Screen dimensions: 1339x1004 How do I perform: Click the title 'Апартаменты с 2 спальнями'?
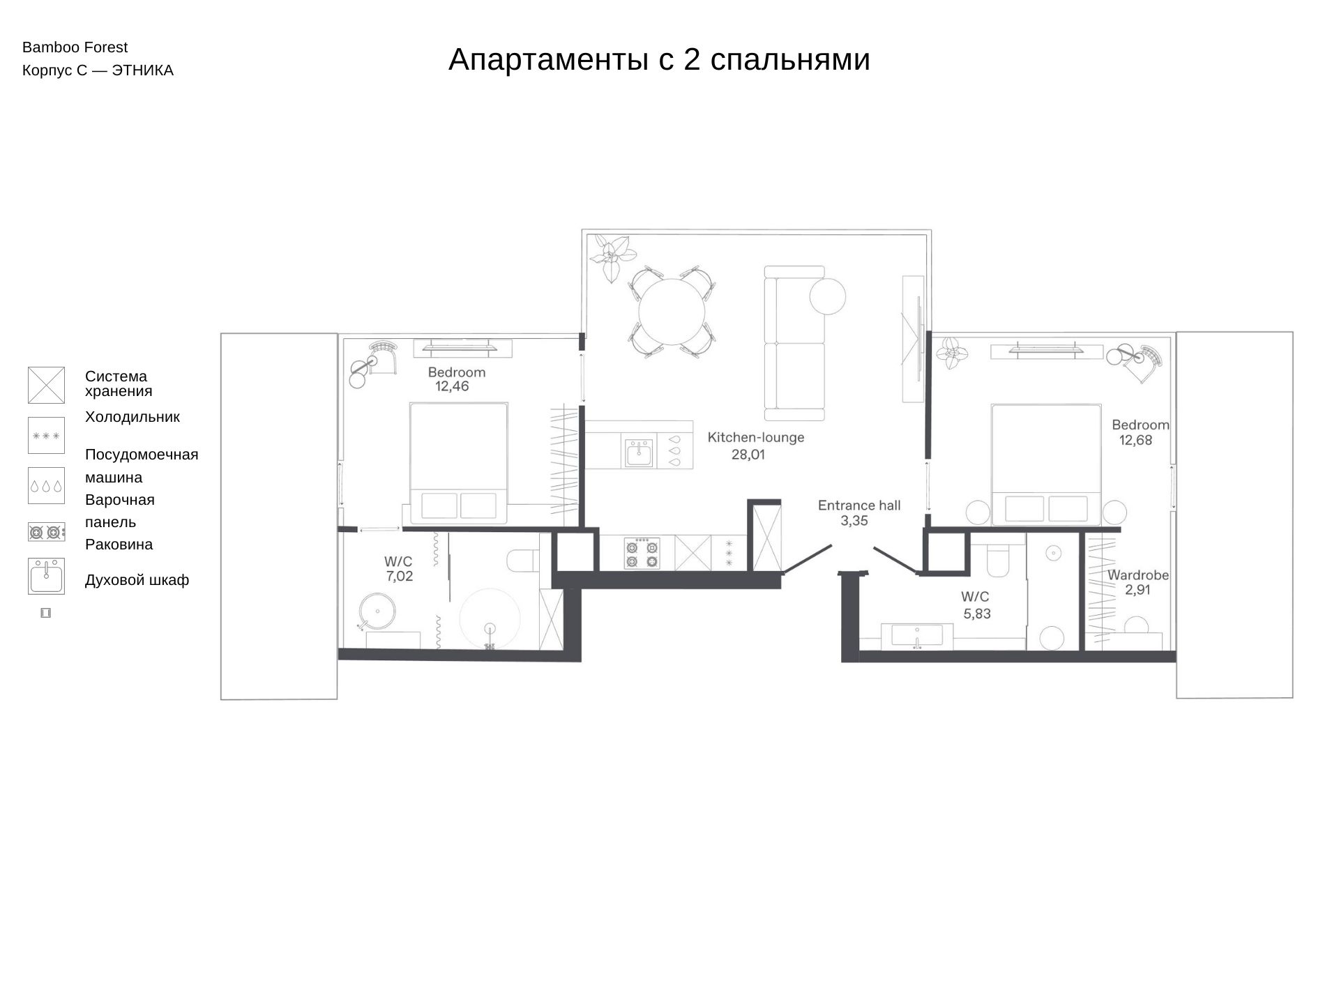[659, 60]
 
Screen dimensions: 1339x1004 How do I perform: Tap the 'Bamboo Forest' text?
[75, 47]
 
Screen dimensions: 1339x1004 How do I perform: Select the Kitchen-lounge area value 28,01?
[748, 455]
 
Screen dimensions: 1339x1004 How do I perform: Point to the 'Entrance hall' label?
[859, 505]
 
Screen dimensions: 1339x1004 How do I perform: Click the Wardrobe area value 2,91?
[1137, 590]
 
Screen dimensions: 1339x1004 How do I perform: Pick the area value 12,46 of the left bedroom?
[452, 386]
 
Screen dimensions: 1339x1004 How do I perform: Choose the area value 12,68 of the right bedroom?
[1135, 440]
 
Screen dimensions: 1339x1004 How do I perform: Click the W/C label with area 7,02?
[398, 562]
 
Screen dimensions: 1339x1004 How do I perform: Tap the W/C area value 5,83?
[977, 614]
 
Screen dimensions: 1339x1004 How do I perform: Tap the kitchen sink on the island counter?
[639, 452]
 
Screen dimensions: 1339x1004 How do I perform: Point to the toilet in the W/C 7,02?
[524, 560]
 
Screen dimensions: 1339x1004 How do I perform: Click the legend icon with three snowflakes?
[46, 435]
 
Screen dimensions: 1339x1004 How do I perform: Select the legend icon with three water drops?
[46, 485]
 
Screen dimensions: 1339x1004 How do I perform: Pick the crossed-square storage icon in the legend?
[46, 385]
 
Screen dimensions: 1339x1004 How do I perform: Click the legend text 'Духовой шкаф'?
[137, 580]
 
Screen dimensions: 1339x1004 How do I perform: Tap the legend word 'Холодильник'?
[133, 417]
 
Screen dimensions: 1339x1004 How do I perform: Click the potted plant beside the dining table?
[612, 256]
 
